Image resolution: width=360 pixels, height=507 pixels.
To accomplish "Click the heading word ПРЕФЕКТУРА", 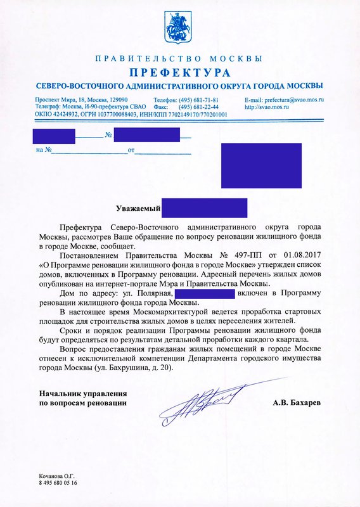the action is coord(179,72).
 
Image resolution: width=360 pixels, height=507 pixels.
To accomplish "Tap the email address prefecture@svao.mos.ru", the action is coord(284,100).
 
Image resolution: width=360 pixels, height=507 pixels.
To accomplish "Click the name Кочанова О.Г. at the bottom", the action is coord(57,475).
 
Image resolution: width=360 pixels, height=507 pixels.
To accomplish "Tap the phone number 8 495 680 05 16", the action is coord(58,483).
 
